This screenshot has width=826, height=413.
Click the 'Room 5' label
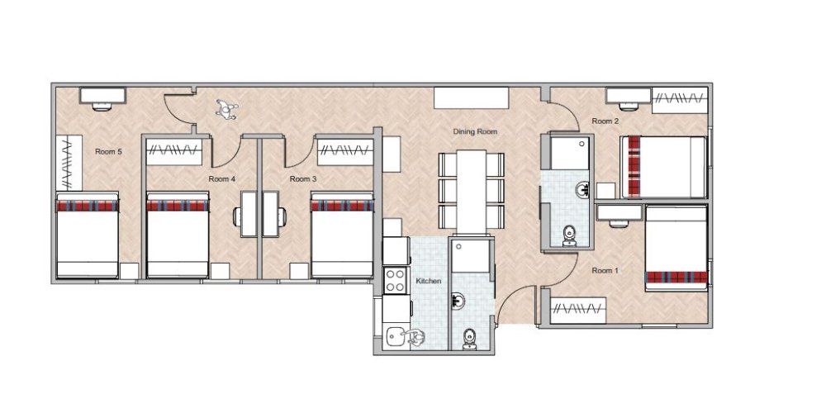pyautogui.click(x=108, y=151)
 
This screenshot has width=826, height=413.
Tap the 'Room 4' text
pyautogui.click(x=221, y=178)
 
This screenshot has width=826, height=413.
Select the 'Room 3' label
pyautogui.click(x=303, y=178)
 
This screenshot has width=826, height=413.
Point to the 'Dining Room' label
pyautogui.click(x=475, y=131)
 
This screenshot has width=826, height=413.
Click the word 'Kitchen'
pyautogui.click(x=429, y=282)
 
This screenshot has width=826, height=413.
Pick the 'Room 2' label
pyautogui.click(x=605, y=121)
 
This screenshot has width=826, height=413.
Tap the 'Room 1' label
pyautogui.click(x=605, y=270)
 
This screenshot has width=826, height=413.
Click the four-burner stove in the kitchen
pyautogui.click(x=396, y=278)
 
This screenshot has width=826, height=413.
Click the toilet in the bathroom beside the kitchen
pyautogui.click(x=469, y=337)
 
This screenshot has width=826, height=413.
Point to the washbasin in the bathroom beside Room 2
pyautogui.click(x=583, y=189)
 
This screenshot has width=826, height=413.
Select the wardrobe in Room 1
pyautogui.click(x=581, y=311)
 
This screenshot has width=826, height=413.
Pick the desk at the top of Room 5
pyautogui.click(x=102, y=96)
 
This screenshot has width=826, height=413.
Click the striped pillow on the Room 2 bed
pyautogui.click(x=634, y=167)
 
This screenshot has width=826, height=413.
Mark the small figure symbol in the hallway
pyautogui.click(x=226, y=108)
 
